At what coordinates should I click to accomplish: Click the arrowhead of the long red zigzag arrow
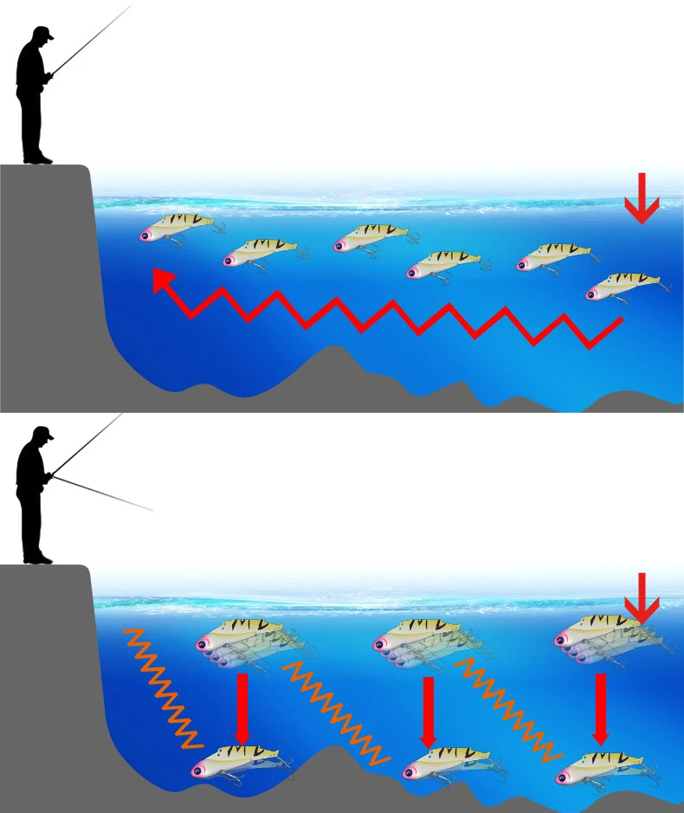click(x=161, y=279)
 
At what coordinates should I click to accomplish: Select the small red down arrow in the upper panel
click(x=642, y=198)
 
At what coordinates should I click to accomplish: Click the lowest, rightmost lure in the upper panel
click(x=623, y=285)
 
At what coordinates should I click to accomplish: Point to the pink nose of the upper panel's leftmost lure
click(x=147, y=234)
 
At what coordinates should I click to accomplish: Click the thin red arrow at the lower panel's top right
click(x=642, y=597)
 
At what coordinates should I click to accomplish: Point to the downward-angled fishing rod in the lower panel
click(x=104, y=493)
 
